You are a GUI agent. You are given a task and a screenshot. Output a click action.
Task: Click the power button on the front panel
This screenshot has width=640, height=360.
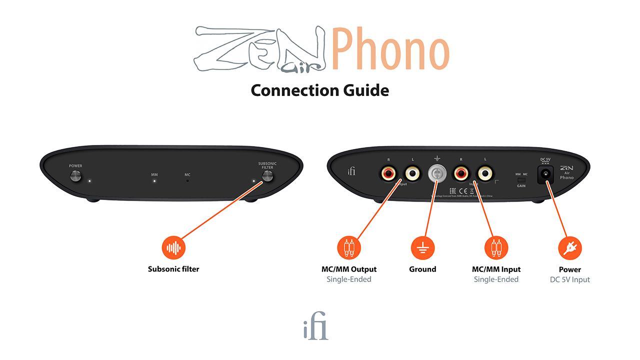[75, 175]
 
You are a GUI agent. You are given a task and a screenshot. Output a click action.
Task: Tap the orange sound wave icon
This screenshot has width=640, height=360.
[173, 247]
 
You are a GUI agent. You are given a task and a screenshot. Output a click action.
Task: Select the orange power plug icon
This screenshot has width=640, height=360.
[570, 247]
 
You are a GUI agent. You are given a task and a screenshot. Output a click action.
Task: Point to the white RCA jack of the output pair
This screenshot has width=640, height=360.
[412, 173]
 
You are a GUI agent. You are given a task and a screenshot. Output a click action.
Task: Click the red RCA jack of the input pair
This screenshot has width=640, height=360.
[461, 173]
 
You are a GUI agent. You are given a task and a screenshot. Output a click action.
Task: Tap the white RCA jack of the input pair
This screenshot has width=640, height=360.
[485, 173]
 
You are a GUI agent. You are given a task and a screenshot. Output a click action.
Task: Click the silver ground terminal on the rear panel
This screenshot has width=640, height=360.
[437, 173]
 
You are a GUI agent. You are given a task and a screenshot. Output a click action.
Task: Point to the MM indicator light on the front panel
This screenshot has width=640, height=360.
[154, 181]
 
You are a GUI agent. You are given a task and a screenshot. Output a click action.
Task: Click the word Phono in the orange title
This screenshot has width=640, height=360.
[389, 49]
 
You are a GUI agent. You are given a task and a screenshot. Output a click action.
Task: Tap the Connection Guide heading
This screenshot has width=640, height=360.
[319, 90]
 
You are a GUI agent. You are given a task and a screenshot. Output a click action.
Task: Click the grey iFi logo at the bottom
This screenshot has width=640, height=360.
[315, 326]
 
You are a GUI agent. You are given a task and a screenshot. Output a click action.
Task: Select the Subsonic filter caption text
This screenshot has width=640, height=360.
[173, 269]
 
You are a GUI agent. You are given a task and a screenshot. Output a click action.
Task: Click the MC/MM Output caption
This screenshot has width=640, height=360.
[349, 269]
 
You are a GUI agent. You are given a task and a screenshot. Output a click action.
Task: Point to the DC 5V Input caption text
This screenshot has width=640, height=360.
[570, 279]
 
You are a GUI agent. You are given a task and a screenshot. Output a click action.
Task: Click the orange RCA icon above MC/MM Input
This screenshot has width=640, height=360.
[496, 247]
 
